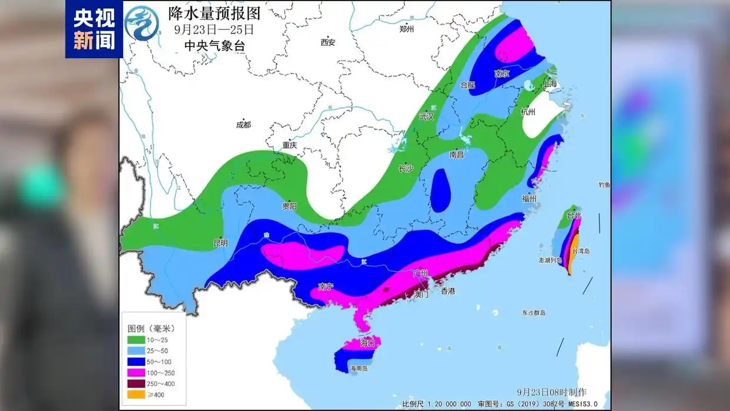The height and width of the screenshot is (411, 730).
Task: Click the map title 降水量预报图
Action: tap(214, 12)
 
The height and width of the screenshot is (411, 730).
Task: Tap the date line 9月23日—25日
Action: tap(214, 29)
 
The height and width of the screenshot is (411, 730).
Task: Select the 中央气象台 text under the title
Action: tap(214, 45)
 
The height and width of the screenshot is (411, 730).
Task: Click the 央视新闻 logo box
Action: tap(93, 29)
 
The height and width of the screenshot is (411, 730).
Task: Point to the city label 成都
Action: tap(243, 125)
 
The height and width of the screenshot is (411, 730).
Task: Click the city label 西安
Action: tap(327, 42)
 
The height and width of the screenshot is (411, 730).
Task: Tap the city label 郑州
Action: tap(407, 29)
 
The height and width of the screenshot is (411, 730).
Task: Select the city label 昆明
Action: tap(220, 243)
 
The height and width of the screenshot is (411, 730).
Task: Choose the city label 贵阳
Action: tap(289, 206)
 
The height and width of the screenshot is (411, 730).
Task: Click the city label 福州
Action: tap(528, 199)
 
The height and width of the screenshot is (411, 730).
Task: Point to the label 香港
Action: tap(448, 290)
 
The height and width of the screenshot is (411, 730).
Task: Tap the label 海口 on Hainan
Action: tap(368, 342)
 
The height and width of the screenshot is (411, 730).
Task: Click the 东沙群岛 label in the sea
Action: tap(534, 313)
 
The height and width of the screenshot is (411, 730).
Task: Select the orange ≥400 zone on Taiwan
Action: tap(574, 252)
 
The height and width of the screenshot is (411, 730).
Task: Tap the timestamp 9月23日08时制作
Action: tap(551, 392)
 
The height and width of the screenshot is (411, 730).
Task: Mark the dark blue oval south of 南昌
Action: tap(441, 189)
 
